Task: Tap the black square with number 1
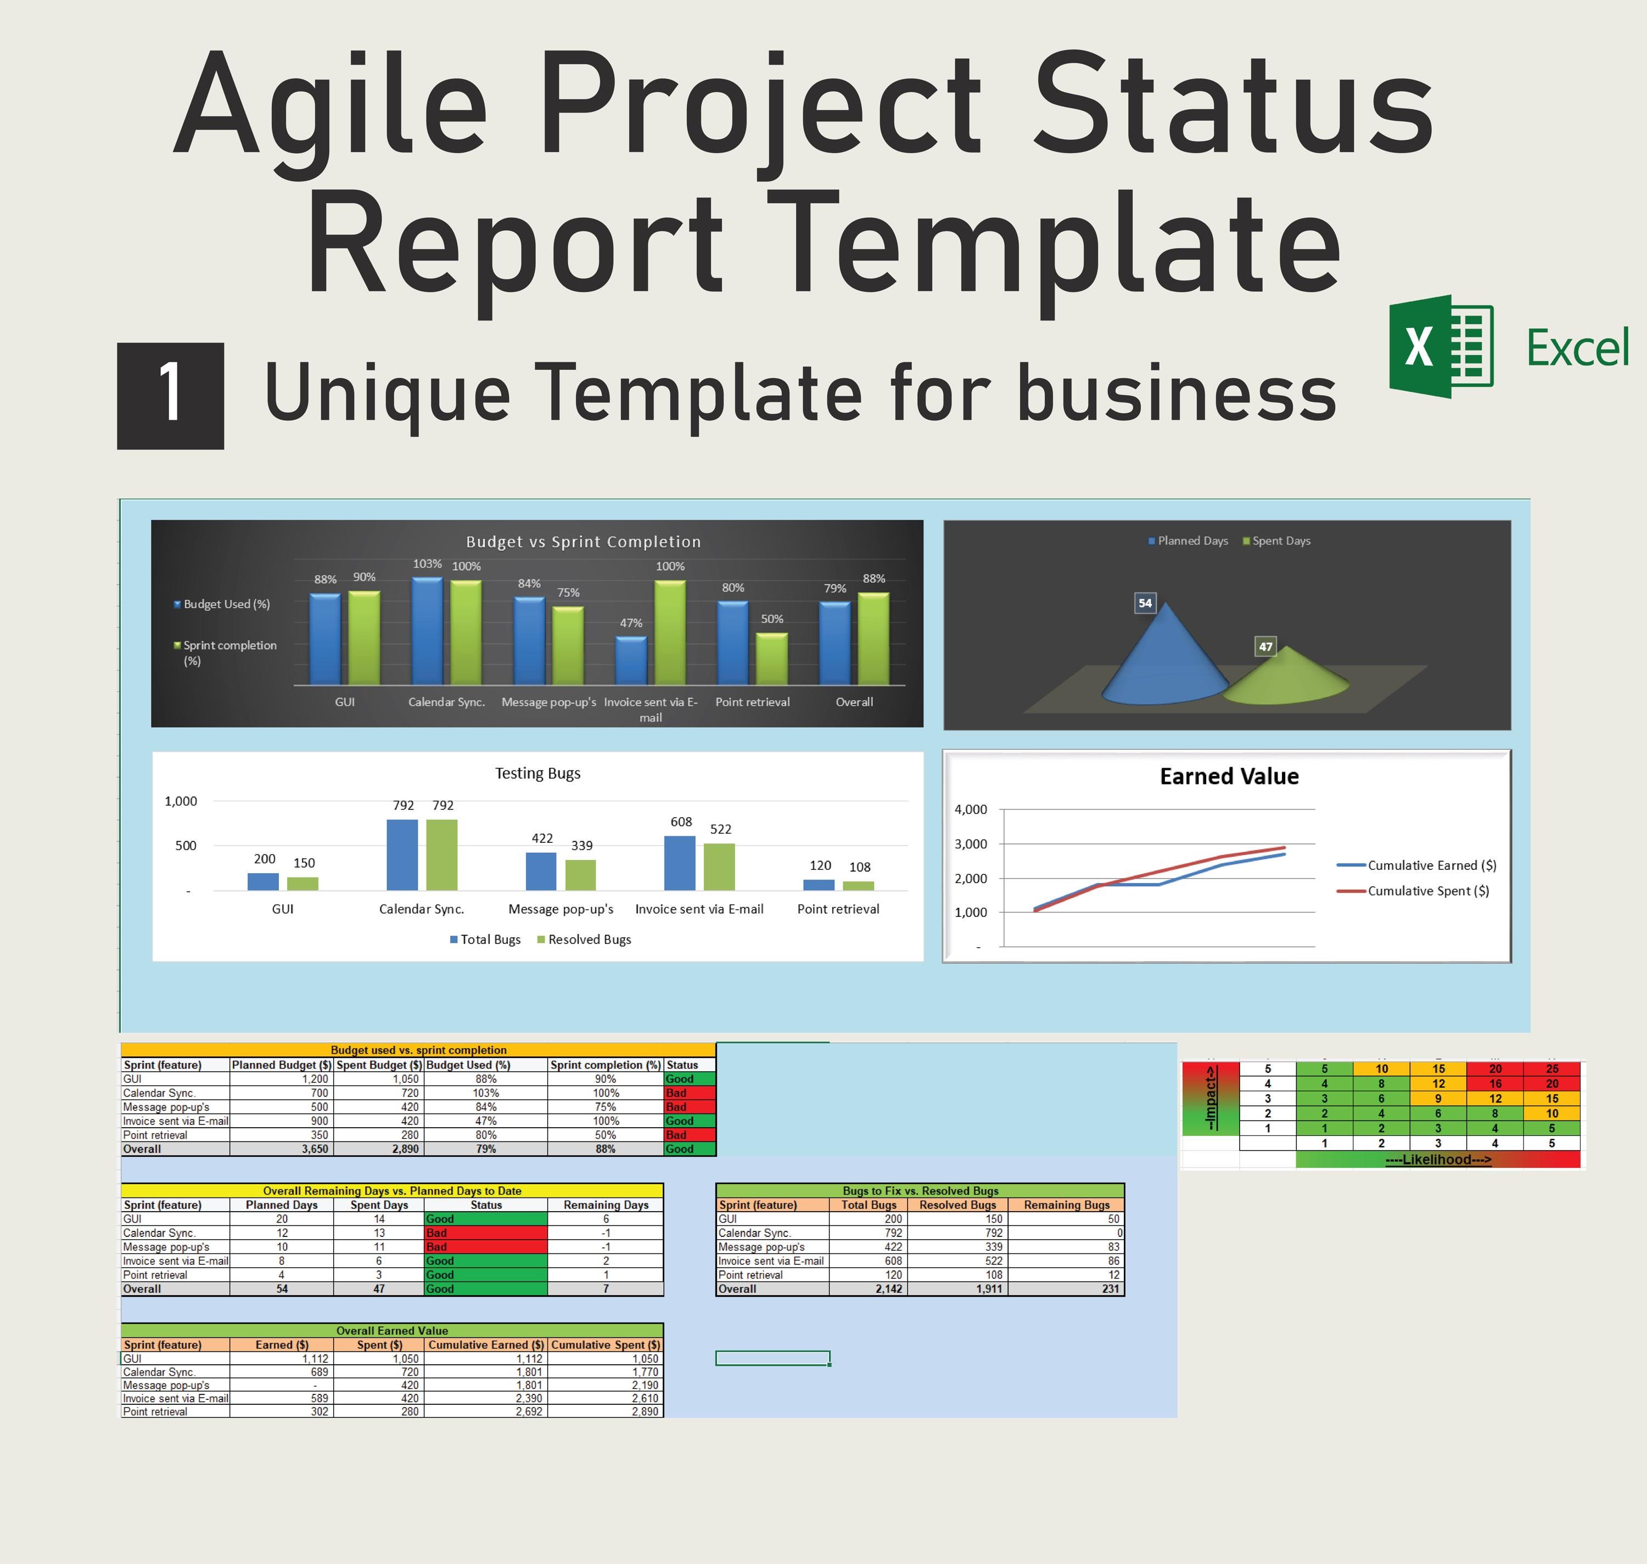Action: pos(170,396)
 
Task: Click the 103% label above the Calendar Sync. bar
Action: pos(427,564)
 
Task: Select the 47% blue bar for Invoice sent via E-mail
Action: pos(631,661)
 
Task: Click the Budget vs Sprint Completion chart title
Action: pos(583,542)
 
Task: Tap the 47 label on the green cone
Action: pos(1265,647)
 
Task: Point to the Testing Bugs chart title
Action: pos(538,774)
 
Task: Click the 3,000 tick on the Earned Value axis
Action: pos(970,843)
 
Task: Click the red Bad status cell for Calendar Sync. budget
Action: pos(689,1093)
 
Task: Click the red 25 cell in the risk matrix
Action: pos(1551,1069)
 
